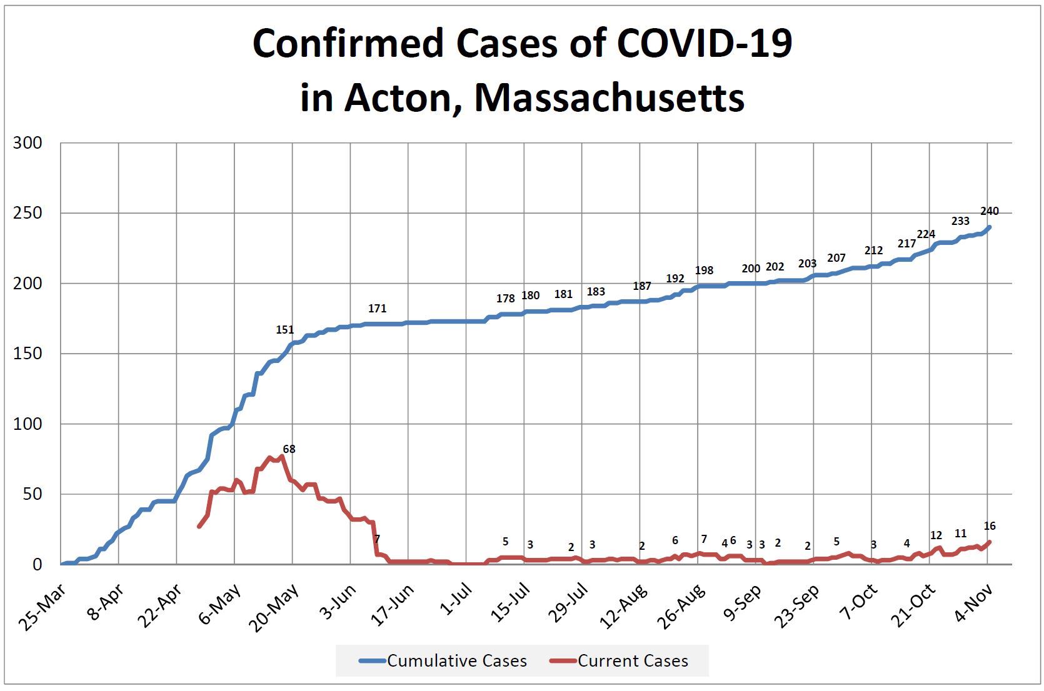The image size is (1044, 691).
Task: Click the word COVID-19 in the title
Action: [705, 43]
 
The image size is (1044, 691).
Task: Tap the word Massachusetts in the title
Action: [610, 98]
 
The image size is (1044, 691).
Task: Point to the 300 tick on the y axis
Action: [28, 143]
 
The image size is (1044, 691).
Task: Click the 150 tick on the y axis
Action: [28, 354]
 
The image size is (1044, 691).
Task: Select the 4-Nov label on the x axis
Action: [973, 604]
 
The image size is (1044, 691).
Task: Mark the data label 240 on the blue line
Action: [990, 211]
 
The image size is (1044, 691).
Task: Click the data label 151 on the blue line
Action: [284, 330]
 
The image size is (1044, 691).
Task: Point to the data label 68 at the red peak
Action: [289, 449]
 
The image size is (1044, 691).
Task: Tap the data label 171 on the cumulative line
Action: [377, 308]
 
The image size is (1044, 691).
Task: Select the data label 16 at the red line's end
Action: [990, 526]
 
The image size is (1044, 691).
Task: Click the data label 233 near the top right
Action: [960, 221]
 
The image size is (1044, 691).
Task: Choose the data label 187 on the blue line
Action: [642, 286]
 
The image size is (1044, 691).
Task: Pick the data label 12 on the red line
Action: [936, 535]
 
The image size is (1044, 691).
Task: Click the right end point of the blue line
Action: [990, 227]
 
